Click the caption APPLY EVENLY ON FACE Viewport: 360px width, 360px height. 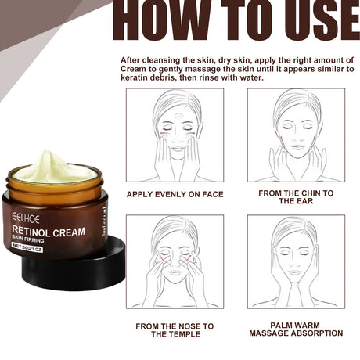[175, 194]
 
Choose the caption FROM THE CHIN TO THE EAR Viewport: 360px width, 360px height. [296, 196]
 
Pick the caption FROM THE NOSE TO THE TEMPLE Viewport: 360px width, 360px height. [175, 329]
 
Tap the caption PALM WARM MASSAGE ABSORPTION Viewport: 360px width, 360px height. [296, 329]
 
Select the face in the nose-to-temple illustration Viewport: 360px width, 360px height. [175, 258]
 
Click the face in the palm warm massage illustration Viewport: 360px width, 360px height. [296, 258]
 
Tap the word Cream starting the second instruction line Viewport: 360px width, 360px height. [135, 68]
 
